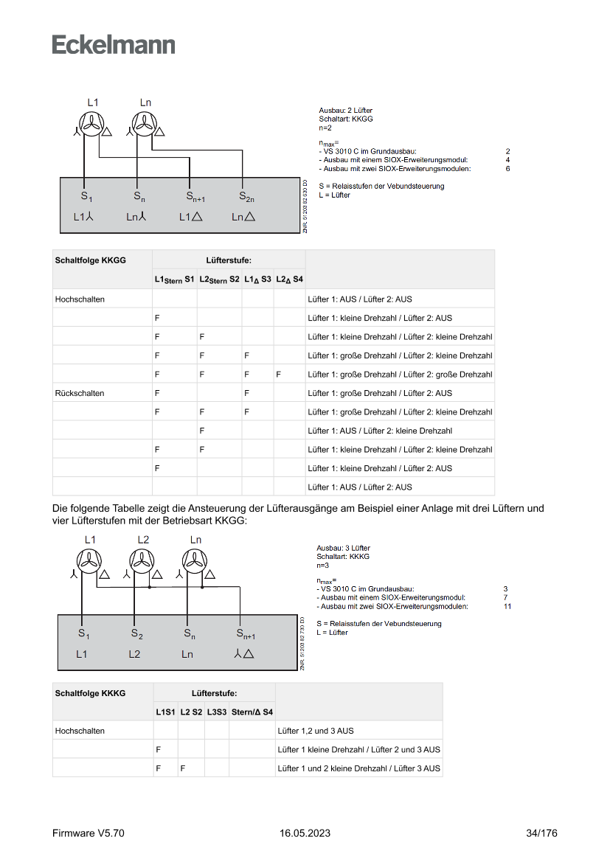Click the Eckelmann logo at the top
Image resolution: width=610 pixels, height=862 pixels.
[114, 44]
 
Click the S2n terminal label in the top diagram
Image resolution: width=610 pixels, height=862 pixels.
[246, 197]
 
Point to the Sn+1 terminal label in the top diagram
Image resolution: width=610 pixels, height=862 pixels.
[195, 197]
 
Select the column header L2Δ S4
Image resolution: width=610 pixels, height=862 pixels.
[289, 279]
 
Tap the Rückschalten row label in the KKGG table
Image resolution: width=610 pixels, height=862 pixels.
[80, 393]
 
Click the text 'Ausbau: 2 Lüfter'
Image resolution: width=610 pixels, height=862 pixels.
[345, 110]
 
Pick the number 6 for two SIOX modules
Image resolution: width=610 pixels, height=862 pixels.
[507, 168]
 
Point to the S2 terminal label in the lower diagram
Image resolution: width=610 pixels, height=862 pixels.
[136, 633]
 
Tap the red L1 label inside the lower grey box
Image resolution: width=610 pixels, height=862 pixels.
[81, 654]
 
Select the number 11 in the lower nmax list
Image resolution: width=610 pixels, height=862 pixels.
[507, 606]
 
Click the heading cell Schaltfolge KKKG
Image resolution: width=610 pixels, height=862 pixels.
[90, 693]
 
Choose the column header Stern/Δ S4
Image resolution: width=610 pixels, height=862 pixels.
[252, 712]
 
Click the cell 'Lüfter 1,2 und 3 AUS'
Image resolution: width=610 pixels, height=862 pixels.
[315, 731]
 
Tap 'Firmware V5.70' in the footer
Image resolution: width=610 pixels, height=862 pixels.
[88, 833]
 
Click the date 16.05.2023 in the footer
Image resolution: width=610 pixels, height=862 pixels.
[305, 833]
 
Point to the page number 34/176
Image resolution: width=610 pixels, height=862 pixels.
[541, 833]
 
